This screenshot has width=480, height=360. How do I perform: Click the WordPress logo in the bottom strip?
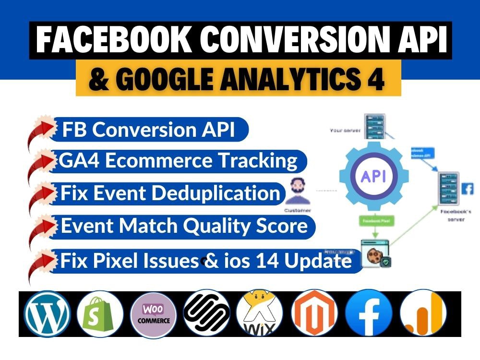47,314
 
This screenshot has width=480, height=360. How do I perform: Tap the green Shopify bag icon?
100,314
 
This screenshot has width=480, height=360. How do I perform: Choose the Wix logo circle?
260,314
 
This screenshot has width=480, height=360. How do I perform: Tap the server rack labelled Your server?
374,126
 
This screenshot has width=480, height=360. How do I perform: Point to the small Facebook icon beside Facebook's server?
467,189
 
